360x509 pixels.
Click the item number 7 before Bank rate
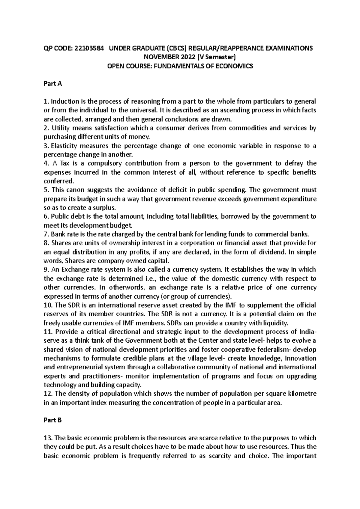46,234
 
